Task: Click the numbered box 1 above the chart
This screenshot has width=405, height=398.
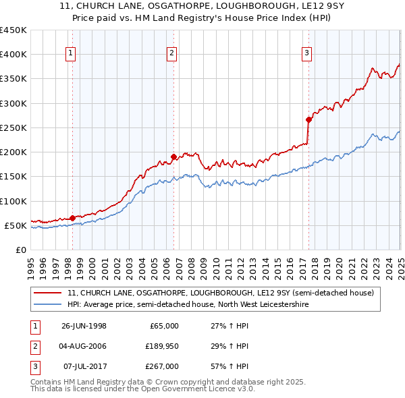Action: [x=71, y=54]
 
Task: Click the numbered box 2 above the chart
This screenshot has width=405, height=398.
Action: [x=172, y=54]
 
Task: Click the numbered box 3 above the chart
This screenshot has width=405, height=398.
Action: [x=306, y=54]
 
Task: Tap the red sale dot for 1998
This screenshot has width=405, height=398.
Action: [x=72, y=218]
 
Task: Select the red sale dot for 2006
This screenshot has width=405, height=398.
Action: [x=173, y=157]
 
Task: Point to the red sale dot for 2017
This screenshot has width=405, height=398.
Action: [x=308, y=120]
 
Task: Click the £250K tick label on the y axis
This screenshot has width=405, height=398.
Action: [x=13, y=127]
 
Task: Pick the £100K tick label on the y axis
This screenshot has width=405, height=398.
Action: [x=13, y=201]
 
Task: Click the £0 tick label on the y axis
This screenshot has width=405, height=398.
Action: [x=20, y=250]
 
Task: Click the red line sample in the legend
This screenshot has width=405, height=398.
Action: [x=49, y=293]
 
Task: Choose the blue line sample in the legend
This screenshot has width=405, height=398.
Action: [x=49, y=305]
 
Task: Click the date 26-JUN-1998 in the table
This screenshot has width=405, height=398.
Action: [x=84, y=326]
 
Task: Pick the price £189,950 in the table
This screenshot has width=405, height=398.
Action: [x=160, y=347]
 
